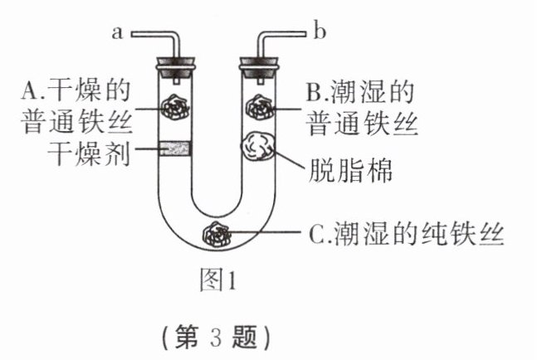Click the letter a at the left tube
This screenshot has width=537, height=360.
click(117, 33)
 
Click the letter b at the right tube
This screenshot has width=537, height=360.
click(320, 33)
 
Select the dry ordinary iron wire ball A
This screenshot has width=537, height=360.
click(175, 106)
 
